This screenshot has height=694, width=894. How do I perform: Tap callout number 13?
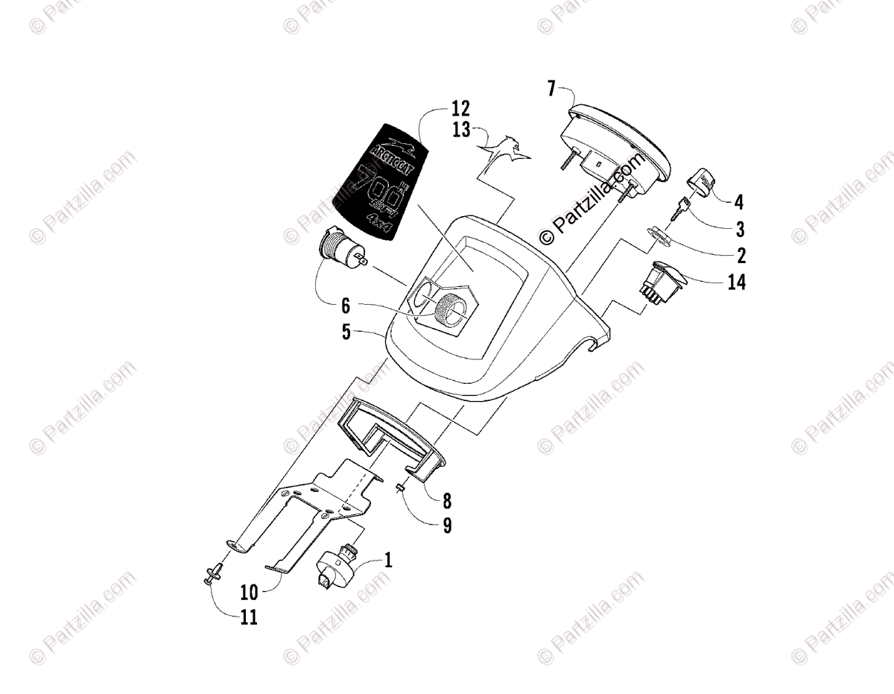pos(461,130)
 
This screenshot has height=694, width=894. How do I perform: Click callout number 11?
pos(249,618)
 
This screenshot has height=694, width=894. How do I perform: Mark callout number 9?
pos(447,526)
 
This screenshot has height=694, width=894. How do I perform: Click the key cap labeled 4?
pos(703,181)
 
